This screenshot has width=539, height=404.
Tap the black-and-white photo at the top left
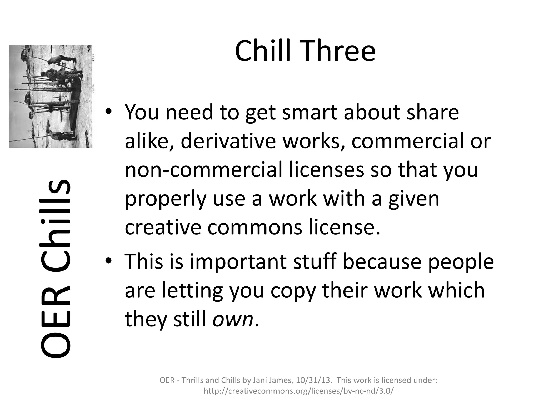(51, 96)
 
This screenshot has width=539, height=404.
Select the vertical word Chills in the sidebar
(56, 224)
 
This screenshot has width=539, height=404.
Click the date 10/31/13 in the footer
(313, 380)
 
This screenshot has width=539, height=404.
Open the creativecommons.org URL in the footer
(299, 391)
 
